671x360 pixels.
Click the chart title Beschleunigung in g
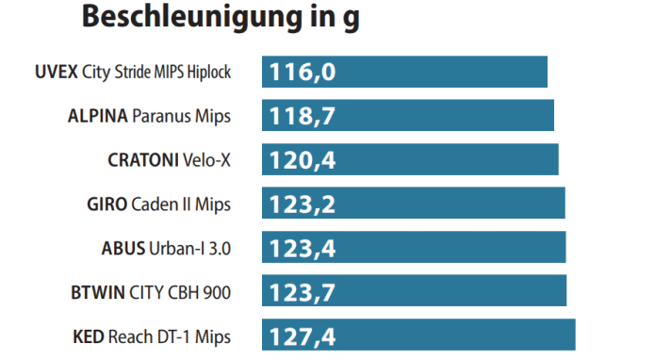click(x=220, y=17)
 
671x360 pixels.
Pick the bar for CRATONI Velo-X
click(x=452, y=160)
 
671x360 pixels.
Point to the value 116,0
click(x=303, y=73)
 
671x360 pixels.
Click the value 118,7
click(x=303, y=116)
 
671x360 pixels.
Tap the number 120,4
click(x=303, y=160)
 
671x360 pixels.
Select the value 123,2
click(x=303, y=204)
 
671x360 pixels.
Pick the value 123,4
click(x=303, y=248)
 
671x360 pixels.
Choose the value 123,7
click(x=303, y=291)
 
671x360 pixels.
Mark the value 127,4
click(x=303, y=335)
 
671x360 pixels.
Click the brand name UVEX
click(x=56, y=72)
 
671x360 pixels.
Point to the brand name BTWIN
click(x=96, y=292)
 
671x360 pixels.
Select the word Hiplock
click(x=209, y=73)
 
